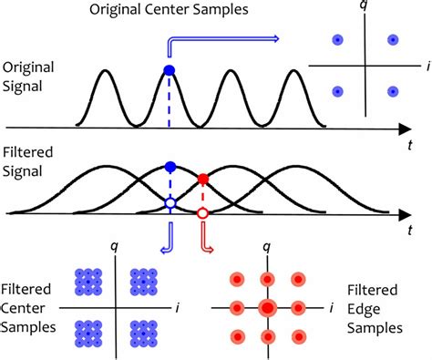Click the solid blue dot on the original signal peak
(169, 70)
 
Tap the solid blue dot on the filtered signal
(169, 167)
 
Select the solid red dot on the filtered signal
(203, 179)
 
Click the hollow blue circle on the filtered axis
(169, 202)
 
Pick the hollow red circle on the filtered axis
(203, 212)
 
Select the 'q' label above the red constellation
(266, 245)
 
